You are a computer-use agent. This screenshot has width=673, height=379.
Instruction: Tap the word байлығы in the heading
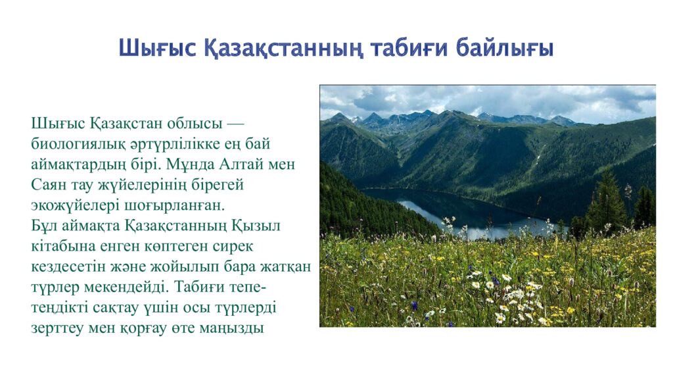tap(505, 48)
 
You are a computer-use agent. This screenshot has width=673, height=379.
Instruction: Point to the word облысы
tap(195, 123)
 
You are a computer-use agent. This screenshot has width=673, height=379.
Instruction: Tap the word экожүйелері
tap(75, 205)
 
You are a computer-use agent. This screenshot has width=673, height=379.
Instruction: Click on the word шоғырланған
tap(174, 205)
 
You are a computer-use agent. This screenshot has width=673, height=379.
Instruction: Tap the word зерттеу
tap(57, 328)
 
